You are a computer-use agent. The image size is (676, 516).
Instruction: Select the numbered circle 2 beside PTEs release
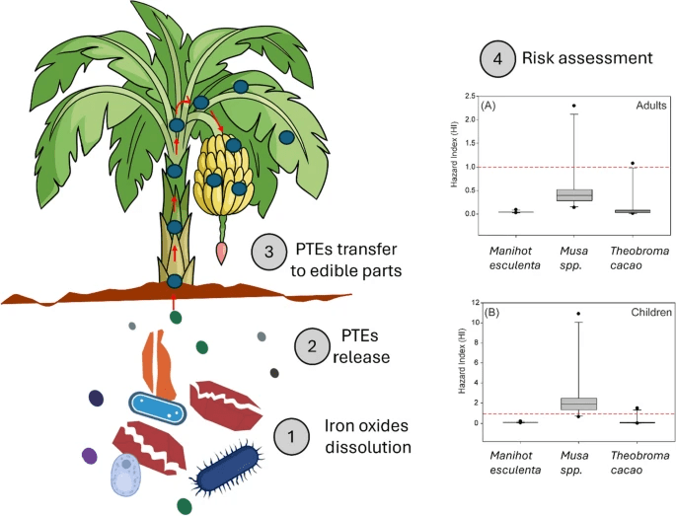(313, 346)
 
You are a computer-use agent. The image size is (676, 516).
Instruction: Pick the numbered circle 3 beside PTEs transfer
(267, 254)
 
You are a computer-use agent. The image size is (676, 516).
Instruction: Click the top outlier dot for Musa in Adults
(573, 106)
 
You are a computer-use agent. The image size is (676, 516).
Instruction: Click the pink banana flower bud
(222, 251)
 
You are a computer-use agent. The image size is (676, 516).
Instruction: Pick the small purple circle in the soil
(89, 456)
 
